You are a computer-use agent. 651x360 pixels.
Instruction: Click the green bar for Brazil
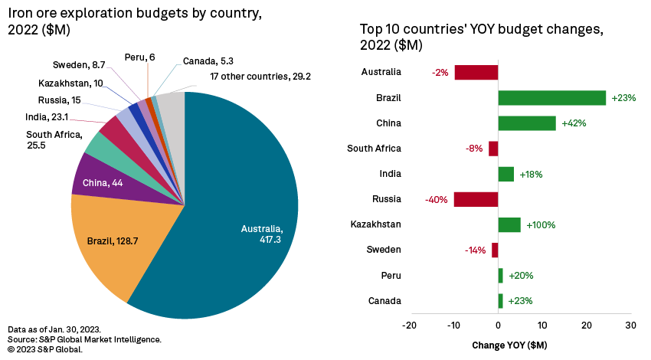[551, 98]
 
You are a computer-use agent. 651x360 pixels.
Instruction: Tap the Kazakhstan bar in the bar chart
[509, 224]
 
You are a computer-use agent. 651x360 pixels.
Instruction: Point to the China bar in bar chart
[527, 123]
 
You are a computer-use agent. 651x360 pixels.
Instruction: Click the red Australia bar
[476, 73]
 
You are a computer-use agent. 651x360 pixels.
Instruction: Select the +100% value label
[540, 225]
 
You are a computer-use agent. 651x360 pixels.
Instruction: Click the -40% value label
[437, 200]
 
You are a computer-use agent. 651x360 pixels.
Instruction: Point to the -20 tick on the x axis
[410, 325]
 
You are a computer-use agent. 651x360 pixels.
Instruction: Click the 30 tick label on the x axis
[630, 325]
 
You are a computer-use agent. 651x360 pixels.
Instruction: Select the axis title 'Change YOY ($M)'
[509, 344]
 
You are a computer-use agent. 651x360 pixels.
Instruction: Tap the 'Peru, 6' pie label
[139, 57]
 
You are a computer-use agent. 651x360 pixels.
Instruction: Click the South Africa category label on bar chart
[374, 149]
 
